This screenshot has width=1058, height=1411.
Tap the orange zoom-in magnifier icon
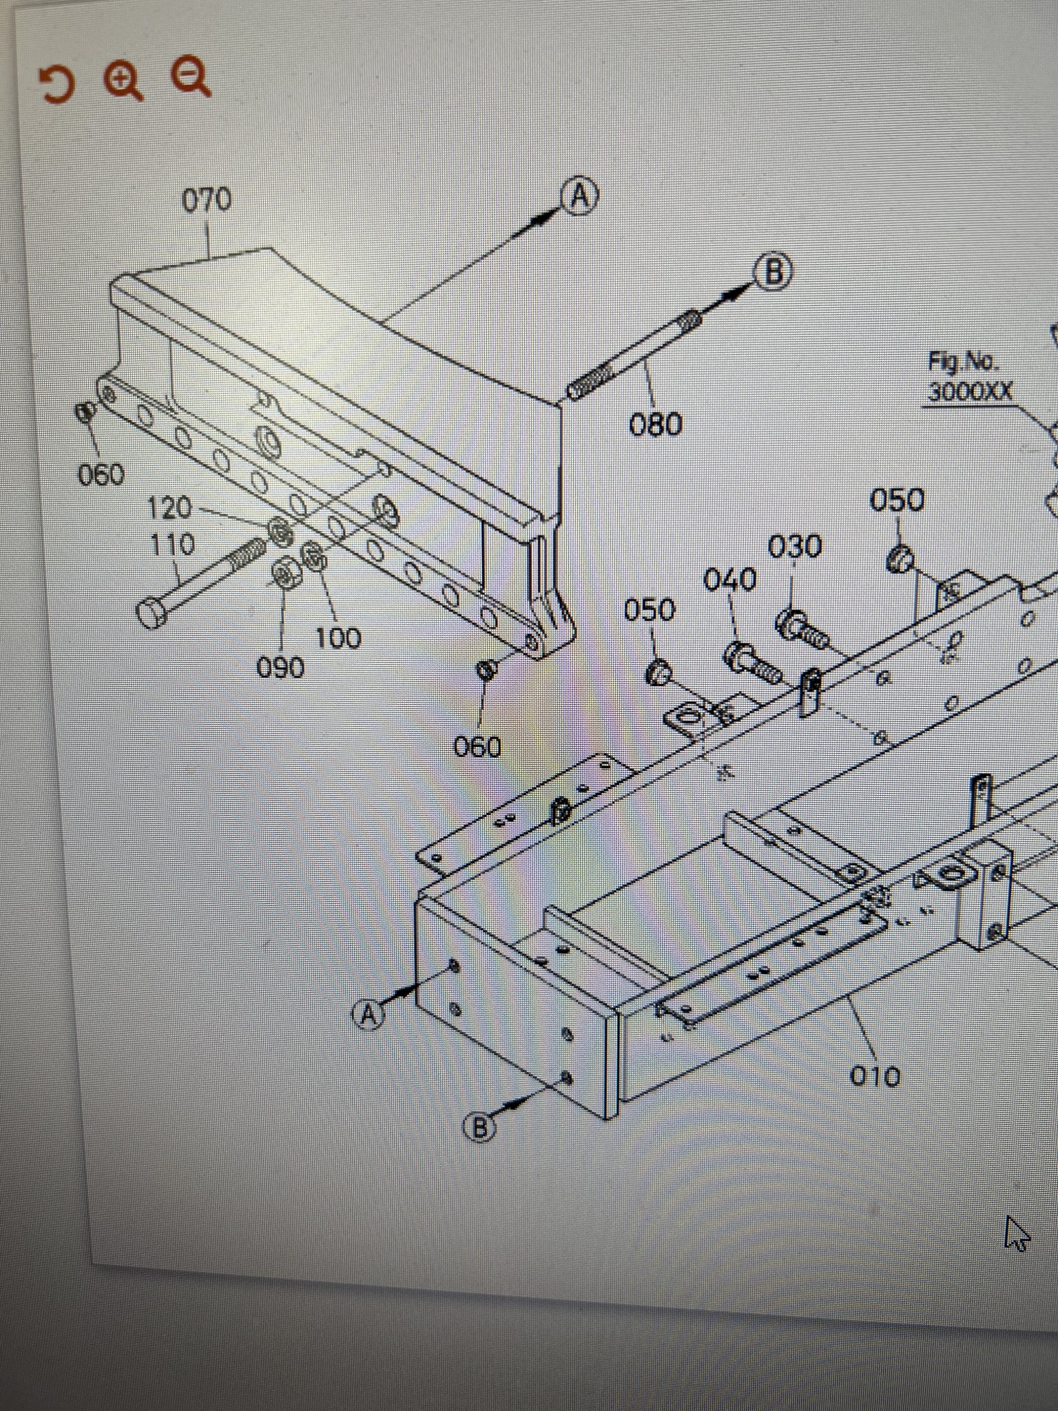[124, 81]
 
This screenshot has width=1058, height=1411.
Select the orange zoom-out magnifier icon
[191, 77]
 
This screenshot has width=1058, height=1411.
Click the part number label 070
[207, 201]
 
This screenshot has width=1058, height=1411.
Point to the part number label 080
[656, 424]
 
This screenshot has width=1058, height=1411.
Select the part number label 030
[795, 547]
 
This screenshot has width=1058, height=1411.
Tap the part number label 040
[730, 580]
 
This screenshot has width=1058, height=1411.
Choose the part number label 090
[280, 667]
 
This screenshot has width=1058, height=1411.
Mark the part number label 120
[170, 508]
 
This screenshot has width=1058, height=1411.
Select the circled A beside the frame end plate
[370, 1014]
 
